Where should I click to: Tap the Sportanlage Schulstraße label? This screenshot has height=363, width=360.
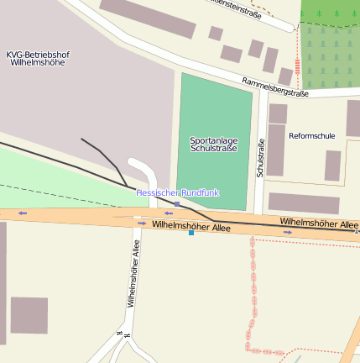(x=213, y=144)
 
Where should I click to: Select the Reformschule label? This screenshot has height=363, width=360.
(x=311, y=135)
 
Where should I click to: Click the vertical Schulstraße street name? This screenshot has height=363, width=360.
(x=261, y=157)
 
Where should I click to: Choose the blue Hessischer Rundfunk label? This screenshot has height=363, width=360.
(x=177, y=192)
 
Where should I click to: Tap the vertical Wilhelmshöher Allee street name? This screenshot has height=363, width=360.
(x=133, y=274)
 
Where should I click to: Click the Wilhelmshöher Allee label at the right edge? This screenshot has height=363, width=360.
(x=319, y=224)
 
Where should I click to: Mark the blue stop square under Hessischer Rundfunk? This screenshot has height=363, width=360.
(x=177, y=203)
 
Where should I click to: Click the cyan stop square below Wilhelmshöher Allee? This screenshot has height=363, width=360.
(x=191, y=233)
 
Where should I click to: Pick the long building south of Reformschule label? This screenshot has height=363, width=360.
(x=304, y=203)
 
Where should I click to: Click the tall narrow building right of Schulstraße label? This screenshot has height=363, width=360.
(x=276, y=150)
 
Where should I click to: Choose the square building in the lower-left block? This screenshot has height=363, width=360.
(x=29, y=315)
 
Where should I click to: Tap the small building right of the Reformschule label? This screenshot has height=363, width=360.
(x=333, y=166)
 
